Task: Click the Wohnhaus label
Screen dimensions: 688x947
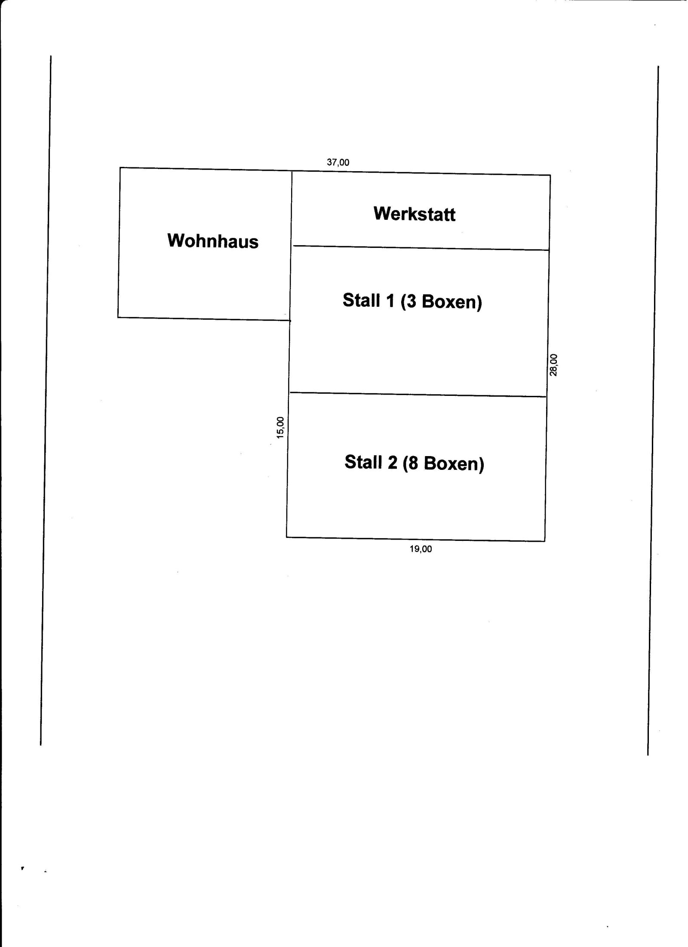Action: point(213,241)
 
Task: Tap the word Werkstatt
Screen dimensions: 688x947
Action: point(415,214)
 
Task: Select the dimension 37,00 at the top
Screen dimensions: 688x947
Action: point(338,163)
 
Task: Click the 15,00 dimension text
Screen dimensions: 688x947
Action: point(280,428)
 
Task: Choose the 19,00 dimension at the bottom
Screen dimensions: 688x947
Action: point(421,549)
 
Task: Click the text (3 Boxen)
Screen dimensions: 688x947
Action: point(441,302)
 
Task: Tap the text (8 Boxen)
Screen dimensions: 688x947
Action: point(443,463)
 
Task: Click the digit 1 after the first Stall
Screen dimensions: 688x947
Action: point(390,300)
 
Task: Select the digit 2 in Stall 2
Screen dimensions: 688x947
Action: point(392,462)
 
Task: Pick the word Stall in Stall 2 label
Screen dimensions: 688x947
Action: point(364,462)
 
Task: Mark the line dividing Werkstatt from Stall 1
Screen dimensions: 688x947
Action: point(421,248)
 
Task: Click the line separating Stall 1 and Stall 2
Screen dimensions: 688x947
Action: point(418,395)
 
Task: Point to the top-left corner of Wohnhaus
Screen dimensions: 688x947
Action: point(120,167)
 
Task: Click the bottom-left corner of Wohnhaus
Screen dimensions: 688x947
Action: point(118,317)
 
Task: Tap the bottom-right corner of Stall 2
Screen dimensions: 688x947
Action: point(545,541)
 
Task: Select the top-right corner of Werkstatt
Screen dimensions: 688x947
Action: point(550,175)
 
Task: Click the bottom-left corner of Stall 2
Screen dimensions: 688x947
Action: point(287,537)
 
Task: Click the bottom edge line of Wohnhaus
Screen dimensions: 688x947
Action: point(204,319)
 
